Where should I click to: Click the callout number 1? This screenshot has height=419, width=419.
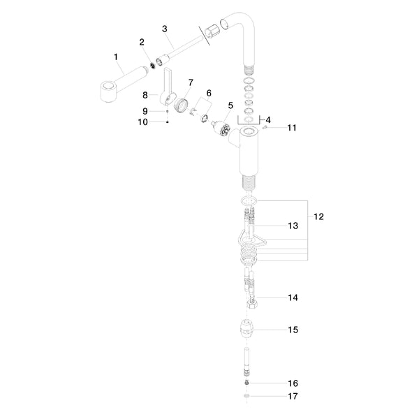pyautogui.click(x=116, y=56)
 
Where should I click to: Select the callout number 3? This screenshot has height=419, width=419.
pyautogui.click(x=164, y=29)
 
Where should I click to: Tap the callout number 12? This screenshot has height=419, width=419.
pyautogui.click(x=318, y=217)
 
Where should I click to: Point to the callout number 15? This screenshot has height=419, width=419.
pyautogui.click(x=293, y=329)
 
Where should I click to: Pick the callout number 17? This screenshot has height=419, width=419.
pyautogui.click(x=293, y=397)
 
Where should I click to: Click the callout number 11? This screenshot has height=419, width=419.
pyautogui.click(x=292, y=128)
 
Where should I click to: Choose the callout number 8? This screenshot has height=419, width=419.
pyautogui.click(x=145, y=95)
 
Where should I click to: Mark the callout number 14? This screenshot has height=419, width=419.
pyautogui.click(x=293, y=297)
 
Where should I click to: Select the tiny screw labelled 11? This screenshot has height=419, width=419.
pyautogui.click(x=267, y=128)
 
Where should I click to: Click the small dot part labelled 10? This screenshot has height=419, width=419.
pyautogui.click(x=168, y=122)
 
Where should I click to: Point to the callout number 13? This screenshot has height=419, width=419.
pyautogui.click(x=293, y=226)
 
